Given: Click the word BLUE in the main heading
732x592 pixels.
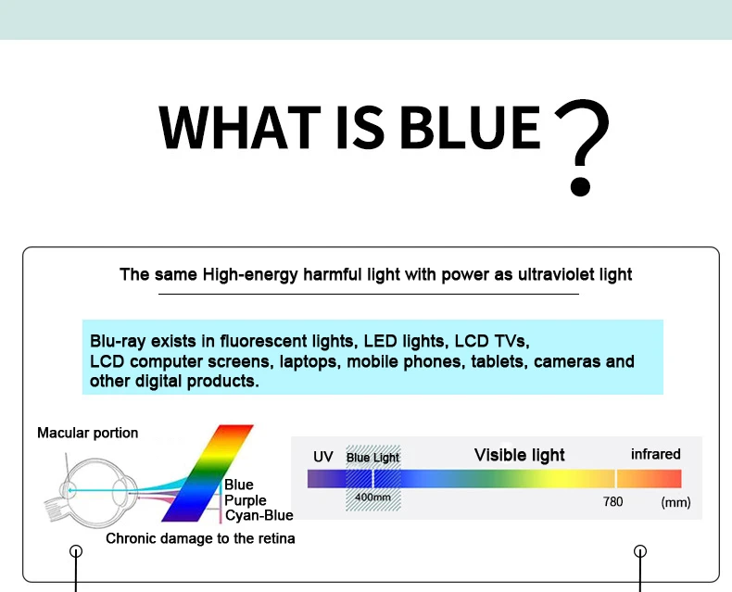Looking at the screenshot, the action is tap(470, 127).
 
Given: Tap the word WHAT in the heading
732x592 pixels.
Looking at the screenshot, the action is tap(240, 127).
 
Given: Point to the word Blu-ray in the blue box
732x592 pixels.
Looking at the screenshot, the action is tap(118, 341).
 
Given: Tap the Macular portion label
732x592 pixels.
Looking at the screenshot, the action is tap(88, 433).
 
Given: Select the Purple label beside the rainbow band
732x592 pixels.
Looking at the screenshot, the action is tap(246, 500).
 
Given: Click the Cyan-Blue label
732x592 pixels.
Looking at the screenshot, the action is tap(259, 515).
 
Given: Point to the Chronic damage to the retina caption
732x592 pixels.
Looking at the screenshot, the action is tap(200, 538).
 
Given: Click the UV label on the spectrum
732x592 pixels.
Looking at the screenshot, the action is tap(323, 457).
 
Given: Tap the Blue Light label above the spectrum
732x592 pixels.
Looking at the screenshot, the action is tap(372, 458).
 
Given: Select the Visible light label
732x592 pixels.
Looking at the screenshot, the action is tap(520, 455).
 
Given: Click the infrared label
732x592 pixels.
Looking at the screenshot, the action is tap(655, 454).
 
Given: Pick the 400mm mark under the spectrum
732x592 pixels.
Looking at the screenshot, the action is tap(372, 498).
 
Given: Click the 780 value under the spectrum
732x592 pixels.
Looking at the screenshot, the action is tap(612, 501).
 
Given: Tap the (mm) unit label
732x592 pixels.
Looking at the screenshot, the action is tap(675, 502).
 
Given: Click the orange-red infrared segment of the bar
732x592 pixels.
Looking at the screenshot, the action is tap(649, 479).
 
